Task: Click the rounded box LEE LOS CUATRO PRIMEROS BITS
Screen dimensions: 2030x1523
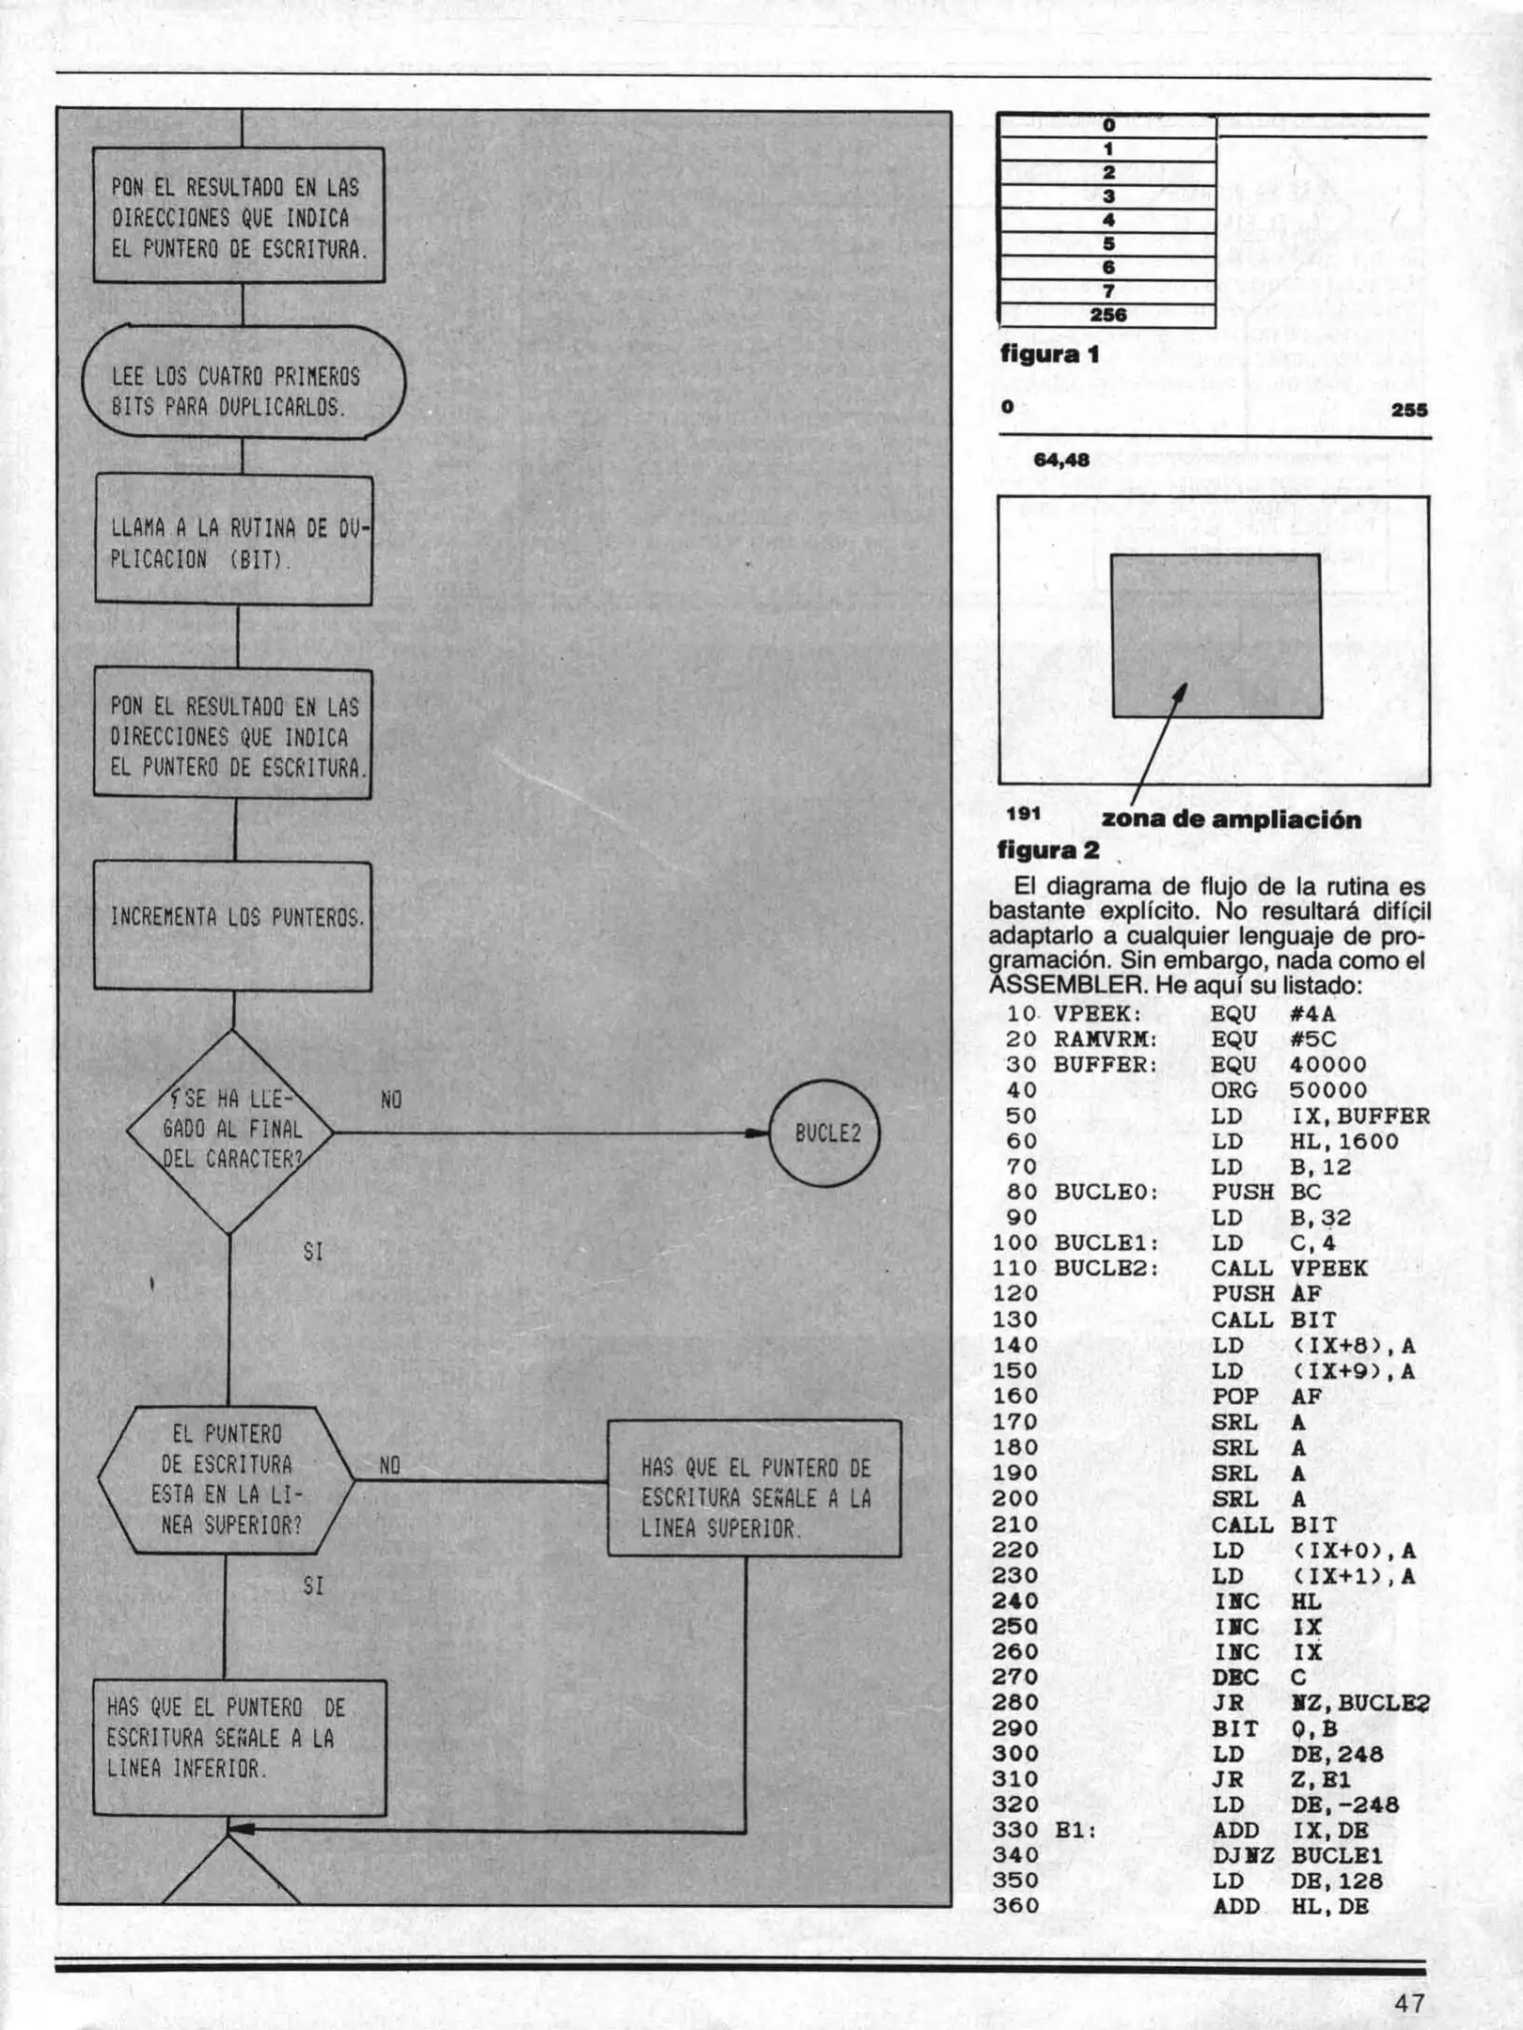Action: [243, 383]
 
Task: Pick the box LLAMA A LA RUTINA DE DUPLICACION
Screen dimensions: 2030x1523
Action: [234, 540]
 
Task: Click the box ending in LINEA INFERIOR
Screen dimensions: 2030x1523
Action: [239, 1747]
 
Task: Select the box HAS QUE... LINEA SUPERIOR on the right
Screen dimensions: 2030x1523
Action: [754, 1488]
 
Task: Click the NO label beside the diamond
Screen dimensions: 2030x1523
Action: [391, 1100]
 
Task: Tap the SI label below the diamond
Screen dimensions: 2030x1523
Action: [313, 1253]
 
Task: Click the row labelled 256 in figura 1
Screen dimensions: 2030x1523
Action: [1107, 316]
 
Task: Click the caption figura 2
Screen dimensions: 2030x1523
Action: [1048, 851]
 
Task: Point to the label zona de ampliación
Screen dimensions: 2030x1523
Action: [1232, 820]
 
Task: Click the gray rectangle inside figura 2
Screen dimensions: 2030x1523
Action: [1217, 635]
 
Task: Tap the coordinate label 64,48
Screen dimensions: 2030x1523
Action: [1061, 460]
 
